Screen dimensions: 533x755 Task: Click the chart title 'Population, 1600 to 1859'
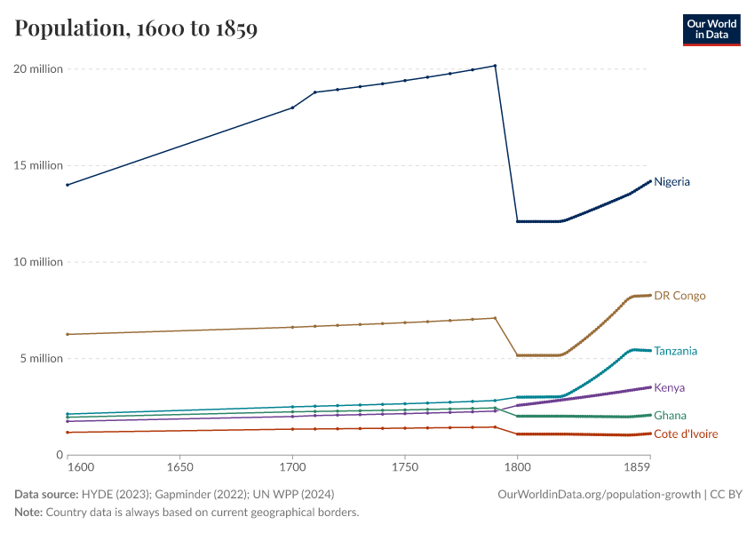[x=136, y=29]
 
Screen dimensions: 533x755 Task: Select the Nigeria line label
[x=672, y=182]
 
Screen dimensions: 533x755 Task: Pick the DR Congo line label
[x=679, y=296]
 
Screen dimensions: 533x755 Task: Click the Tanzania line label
[x=676, y=351]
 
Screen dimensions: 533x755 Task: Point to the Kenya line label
[x=669, y=388]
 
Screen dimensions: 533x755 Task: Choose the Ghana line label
[x=670, y=416]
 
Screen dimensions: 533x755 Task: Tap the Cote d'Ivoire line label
[x=685, y=434]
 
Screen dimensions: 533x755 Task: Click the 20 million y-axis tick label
[x=38, y=69]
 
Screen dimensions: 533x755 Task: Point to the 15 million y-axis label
[x=38, y=165]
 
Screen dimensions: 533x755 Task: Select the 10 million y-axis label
[x=38, y=262]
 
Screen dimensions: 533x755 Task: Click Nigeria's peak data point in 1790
[x=495, y=66]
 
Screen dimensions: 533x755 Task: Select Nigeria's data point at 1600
[x=68, y=185]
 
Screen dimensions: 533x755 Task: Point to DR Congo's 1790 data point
[x=495, y=318]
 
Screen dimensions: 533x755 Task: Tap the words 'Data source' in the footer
[x=46, y=494]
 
